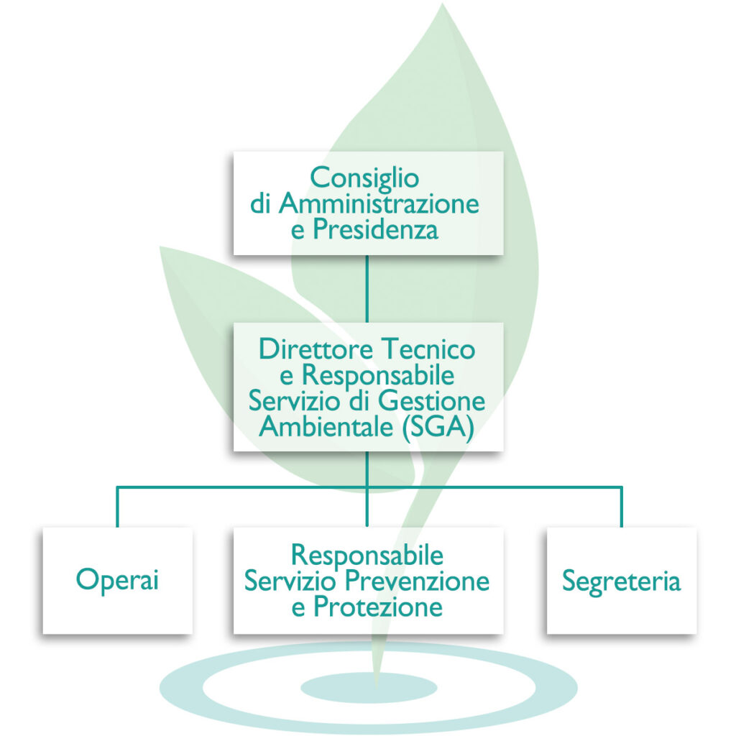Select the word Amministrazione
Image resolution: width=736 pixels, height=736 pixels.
[379, 204]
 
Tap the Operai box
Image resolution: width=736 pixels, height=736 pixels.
[117, 580]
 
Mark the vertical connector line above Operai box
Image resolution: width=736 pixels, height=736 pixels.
[117, 507]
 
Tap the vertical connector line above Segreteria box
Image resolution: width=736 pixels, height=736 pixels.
[621, 507]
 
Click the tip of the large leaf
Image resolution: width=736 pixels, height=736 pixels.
[441, 7]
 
